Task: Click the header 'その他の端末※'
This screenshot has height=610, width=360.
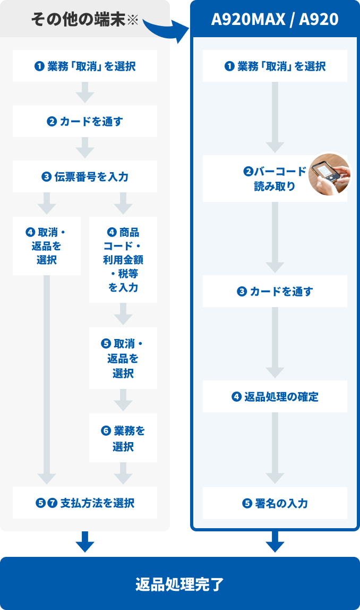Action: coord(84,20)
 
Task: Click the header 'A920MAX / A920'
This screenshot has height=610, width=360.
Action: coord(275,20)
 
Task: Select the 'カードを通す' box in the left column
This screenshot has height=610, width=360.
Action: coord(85,121)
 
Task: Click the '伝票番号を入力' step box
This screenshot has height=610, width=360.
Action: coord(85,176)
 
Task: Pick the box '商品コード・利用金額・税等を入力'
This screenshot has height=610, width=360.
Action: coord(123,259)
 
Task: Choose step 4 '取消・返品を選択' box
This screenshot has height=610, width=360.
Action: coord(47,245)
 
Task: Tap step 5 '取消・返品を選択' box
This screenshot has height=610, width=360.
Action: coord(123,358)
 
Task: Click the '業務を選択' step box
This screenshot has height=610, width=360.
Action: coord(123,438)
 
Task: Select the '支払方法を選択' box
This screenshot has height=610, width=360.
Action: coord(85,503)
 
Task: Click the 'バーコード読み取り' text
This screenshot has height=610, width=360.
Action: coord(275,179)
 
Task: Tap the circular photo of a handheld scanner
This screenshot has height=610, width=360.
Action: coord(330,174)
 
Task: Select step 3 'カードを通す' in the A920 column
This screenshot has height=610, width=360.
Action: coord(275,291)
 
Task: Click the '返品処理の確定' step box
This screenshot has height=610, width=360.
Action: coord(275,396)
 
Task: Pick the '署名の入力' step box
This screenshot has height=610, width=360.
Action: coord(275,503)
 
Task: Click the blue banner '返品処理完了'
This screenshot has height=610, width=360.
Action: coord(180,584)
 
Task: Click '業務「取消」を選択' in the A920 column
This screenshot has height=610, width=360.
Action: coord(275,66)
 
